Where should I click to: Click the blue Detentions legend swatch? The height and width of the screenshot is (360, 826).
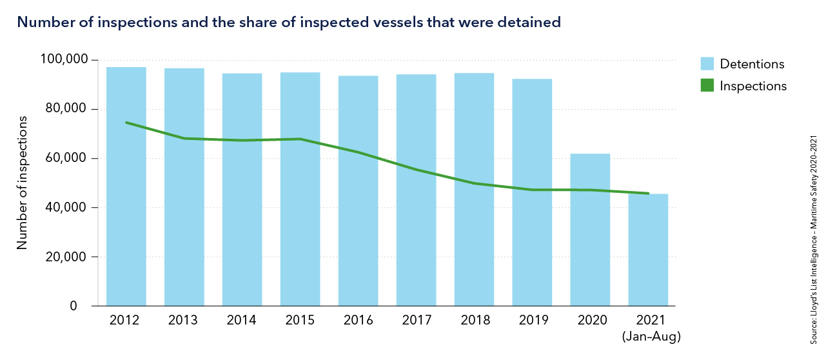707,64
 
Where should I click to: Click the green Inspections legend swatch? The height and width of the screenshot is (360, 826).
707,85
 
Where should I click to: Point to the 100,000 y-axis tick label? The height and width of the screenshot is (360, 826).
63,60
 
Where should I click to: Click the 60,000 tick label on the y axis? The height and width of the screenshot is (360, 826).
66,159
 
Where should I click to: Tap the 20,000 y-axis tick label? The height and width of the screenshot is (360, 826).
66,257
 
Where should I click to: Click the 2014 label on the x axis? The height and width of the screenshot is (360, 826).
242,321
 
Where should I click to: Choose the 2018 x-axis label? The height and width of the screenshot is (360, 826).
474,321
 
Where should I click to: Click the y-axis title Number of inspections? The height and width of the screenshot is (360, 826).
23,183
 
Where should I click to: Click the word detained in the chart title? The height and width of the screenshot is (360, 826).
532,23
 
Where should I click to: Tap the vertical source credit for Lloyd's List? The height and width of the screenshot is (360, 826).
813,239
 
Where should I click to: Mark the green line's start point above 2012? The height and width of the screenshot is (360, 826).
126,123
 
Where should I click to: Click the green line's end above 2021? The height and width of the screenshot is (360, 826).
648,193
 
